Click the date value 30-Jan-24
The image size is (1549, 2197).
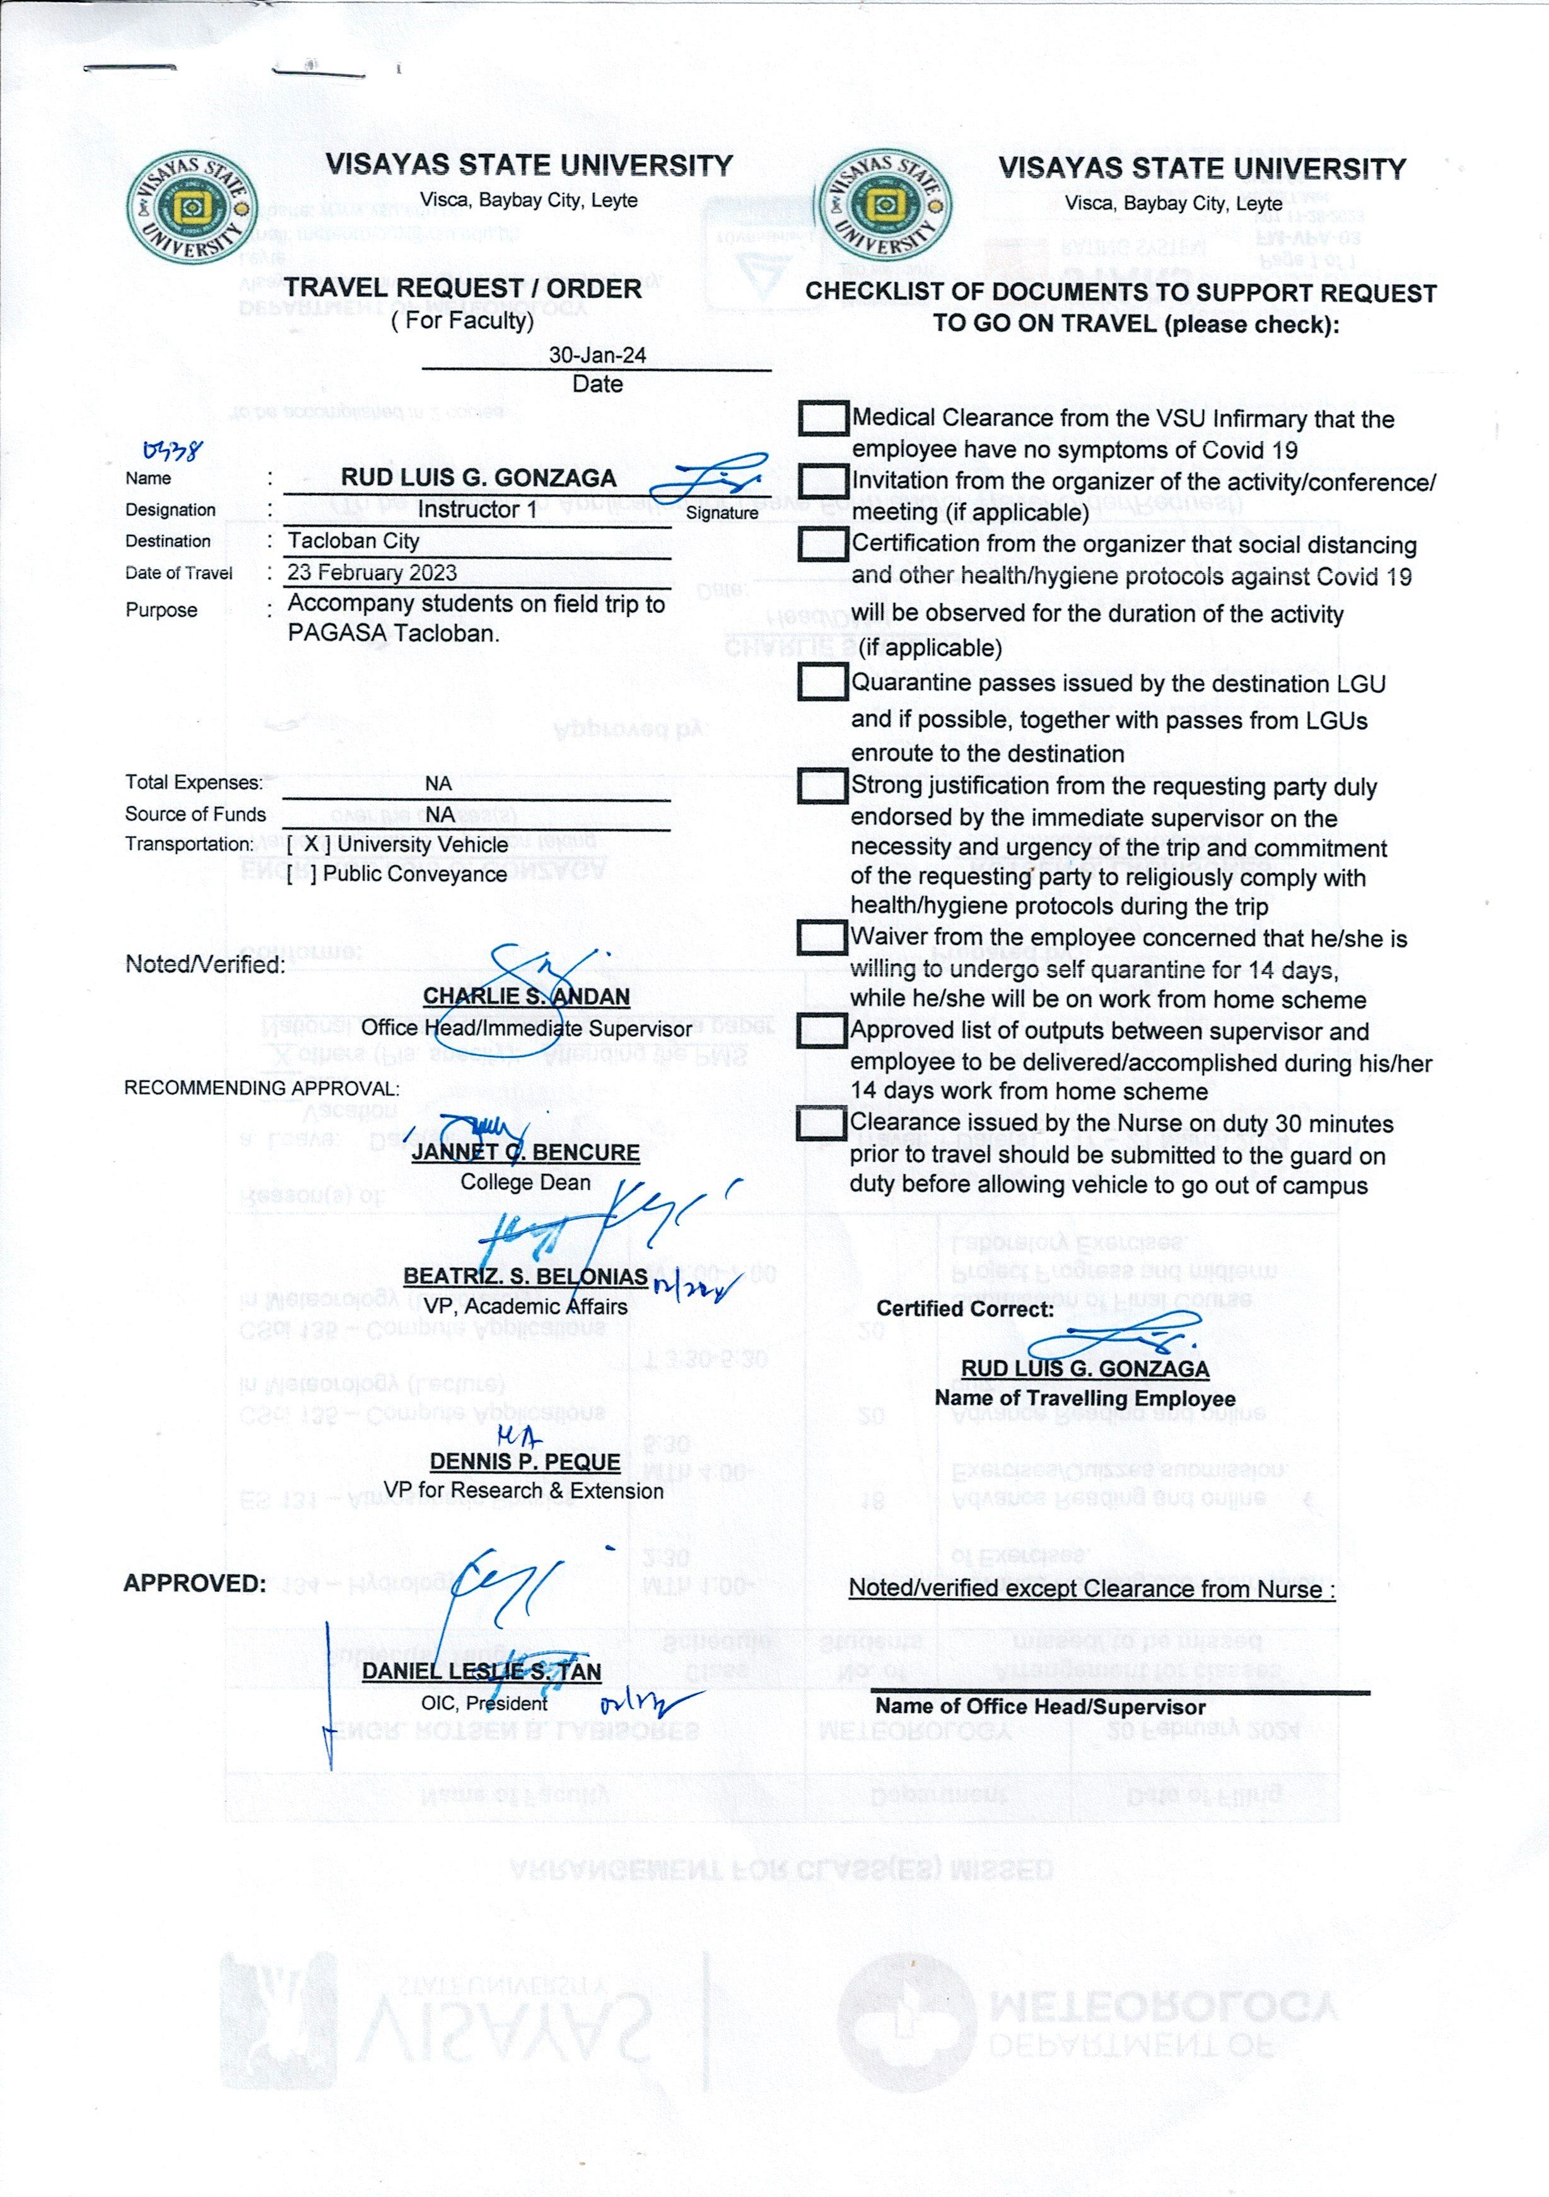pos(597,355)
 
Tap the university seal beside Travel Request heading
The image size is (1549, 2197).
pos(190,207)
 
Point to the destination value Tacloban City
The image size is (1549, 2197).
pos(354,541)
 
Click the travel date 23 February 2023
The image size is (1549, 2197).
pos(372,572)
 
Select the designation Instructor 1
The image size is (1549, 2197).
pos(476,509)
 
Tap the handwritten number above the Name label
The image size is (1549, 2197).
pos(172,450)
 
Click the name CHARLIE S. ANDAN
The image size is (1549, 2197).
pos(526,996)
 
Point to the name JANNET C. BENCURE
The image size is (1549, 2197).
pos(525,1152)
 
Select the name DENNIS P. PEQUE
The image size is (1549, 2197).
pos(524,1462)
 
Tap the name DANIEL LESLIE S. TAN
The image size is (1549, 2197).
pos(481,1671)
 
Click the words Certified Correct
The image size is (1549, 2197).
pos(964,1309)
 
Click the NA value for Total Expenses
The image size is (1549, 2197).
pos(438,783)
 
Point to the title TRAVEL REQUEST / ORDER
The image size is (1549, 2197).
pos(462,288)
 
